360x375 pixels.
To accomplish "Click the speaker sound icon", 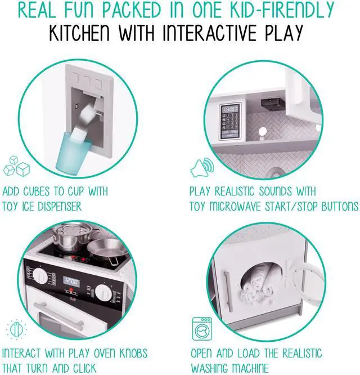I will pyautogui.click(x=200, y=167).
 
